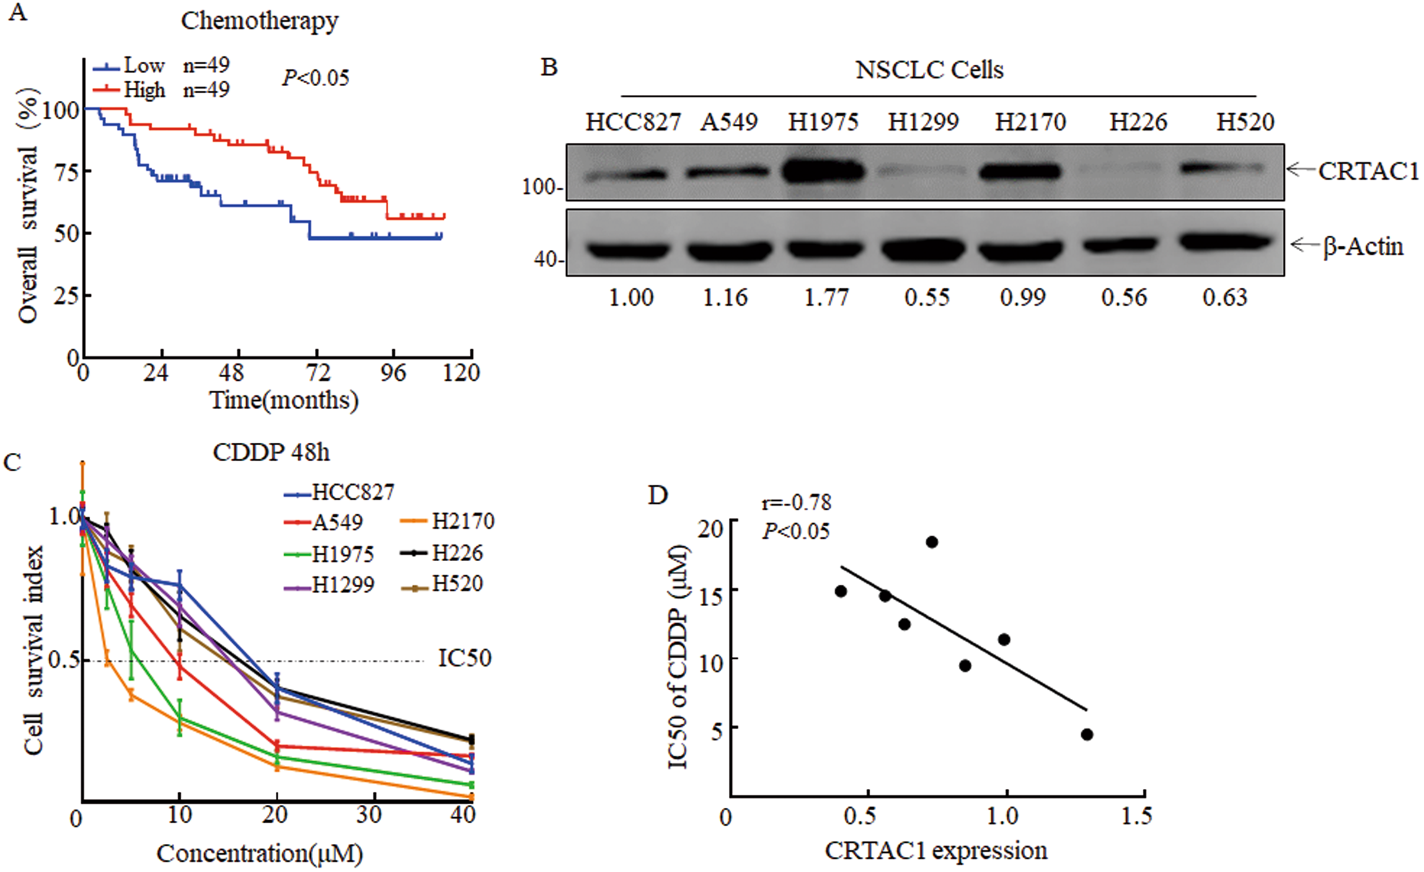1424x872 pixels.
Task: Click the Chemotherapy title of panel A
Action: click(259, 21)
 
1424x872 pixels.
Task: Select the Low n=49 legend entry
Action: click(160, 66)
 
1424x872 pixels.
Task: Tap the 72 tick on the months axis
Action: click(317, 373)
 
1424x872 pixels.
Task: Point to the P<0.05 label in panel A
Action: click(316, 78)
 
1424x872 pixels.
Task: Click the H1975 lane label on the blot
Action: click(823, 122)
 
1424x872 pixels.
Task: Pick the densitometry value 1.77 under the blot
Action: click(826, 297)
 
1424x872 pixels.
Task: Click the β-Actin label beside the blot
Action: click(1362, 247)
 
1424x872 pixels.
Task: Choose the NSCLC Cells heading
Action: click(929, 70)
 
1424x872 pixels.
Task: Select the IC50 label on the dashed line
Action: click(464, 658)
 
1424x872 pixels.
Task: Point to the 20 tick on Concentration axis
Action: click(275, 814)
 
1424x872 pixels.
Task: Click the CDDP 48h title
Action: click(271, 452)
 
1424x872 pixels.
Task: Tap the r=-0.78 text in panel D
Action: click(796, 502)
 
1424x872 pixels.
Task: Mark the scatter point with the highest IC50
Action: click(932, 542)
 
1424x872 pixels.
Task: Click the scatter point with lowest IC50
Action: click(1087, 734)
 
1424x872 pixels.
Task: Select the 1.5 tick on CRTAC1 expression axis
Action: click(1137, 816)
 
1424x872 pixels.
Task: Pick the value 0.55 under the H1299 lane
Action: click(927, 297)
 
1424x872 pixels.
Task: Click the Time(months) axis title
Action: click(283, 400)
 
